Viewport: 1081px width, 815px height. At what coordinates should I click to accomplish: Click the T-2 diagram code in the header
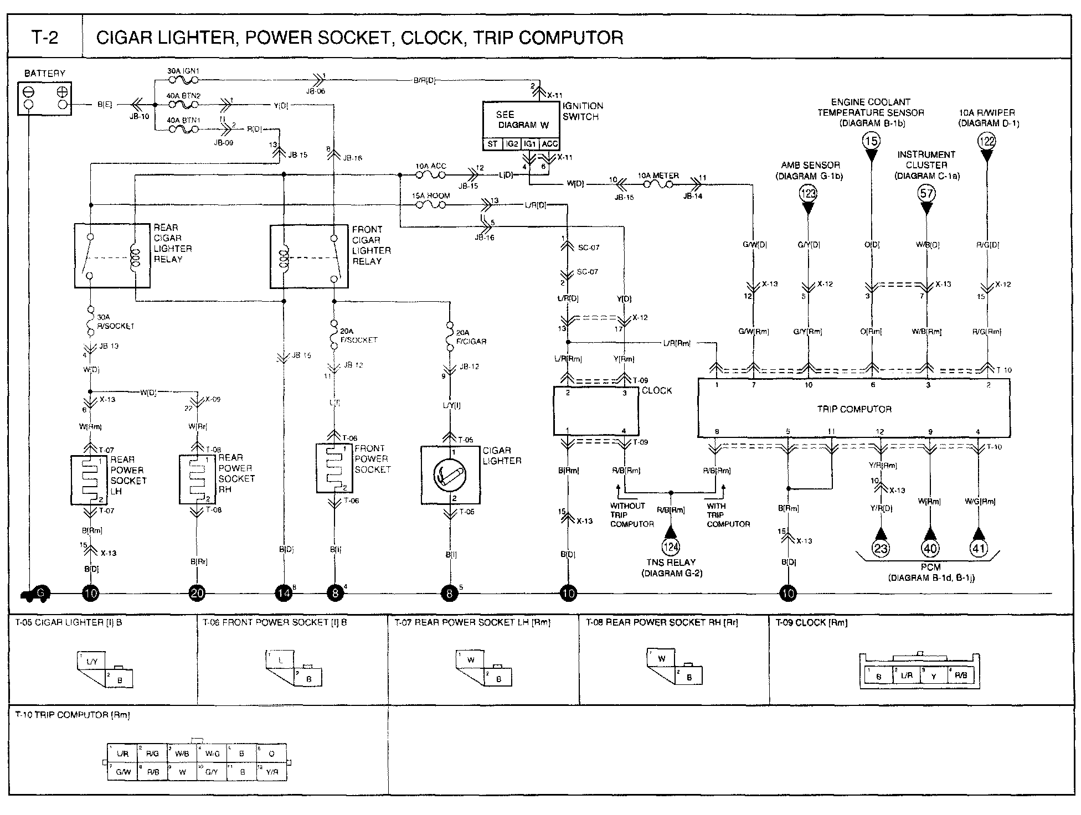(45, 38)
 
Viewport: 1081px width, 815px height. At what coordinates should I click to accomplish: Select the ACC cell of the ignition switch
(549, 144)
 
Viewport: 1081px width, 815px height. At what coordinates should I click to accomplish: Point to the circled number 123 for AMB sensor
(808, 194)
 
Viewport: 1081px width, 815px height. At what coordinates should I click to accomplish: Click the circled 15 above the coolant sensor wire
(871, 141)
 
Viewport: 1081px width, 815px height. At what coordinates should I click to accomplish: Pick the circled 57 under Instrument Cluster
(926, 194)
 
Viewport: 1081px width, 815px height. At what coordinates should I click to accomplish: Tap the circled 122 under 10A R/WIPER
(987, 141)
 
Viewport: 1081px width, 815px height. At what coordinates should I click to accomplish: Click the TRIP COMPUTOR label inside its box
(854, 409)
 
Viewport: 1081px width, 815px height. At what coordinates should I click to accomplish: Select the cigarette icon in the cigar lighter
(450, 474)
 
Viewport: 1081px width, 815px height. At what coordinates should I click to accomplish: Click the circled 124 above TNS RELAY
(671, 548)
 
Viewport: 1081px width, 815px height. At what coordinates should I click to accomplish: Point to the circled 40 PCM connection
(930, 548)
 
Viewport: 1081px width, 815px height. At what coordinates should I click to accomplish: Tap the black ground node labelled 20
(197, 594)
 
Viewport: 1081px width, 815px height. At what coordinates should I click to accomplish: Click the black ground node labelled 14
(283, 594)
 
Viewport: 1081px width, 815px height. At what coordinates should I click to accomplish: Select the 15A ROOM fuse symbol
(430, 205)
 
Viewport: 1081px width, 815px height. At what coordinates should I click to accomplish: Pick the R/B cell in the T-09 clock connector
(961, 675)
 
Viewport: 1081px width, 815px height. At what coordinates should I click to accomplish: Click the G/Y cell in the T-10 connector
(212, 771)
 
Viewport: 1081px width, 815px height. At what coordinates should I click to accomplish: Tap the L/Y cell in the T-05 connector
(92, 662)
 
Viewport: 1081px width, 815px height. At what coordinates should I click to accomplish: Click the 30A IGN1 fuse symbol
(183, 80)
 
